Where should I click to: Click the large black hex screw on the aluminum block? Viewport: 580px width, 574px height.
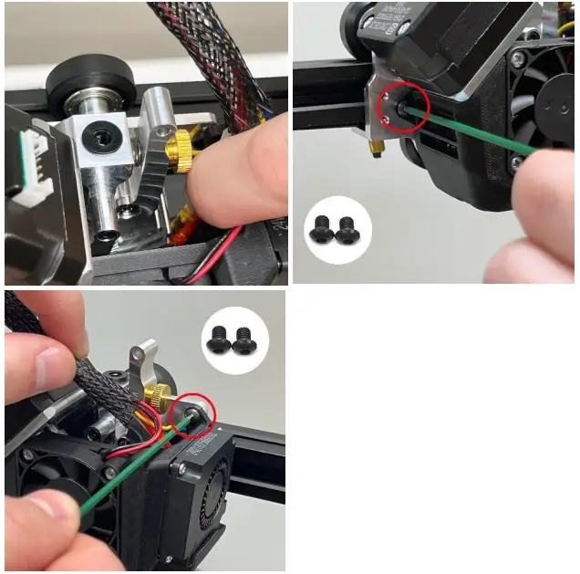pyautogui.click(x=97, y=136)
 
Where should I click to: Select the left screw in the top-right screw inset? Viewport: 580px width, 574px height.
pyautogui.click(x=321, y=229)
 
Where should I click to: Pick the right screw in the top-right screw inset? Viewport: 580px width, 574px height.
pyautogui.click(x=347, y=230)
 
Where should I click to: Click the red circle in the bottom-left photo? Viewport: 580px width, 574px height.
pyautogui.click(x=193, y=415)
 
